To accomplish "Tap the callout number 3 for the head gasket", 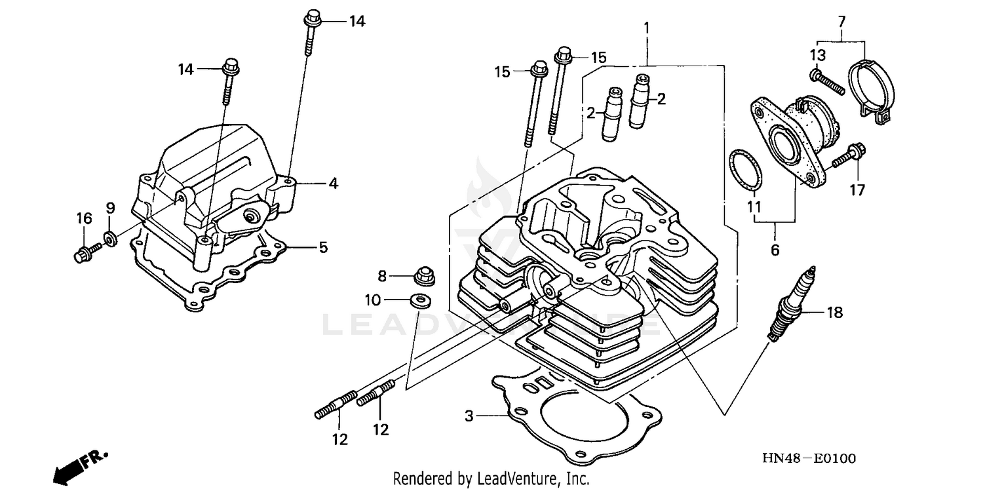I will tap(469, 416).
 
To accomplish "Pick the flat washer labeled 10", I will tap(417, 301).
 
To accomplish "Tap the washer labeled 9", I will tap(111, 237).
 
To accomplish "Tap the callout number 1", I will tap(647, 28).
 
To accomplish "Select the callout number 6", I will tap(775, 250).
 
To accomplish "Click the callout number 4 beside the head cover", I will tap(333, 184).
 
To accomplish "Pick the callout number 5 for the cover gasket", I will tap(323, 248).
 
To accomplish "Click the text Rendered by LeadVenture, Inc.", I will tap(491, 479).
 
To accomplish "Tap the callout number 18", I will tap(834, 313).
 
